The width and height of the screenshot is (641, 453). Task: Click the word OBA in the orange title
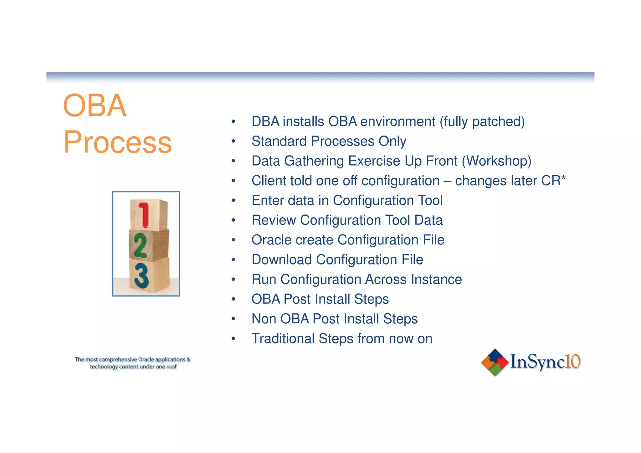[95, 106]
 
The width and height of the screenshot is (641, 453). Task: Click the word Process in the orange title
[117, 143]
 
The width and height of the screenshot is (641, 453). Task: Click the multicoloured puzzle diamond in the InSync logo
[495, 362]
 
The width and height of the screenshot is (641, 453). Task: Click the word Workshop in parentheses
[497, 161]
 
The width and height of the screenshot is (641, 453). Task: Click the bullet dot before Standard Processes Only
[233, 142]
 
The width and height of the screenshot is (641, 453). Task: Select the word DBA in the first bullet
[265, 121]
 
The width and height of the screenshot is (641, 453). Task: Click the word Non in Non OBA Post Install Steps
[264, 319]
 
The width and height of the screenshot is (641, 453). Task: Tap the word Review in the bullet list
[274, 220]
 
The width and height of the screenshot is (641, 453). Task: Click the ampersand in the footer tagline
[188, 359]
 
